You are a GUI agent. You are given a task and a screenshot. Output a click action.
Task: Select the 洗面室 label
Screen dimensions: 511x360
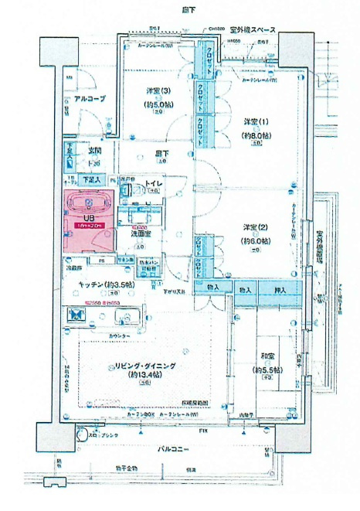[139, 232]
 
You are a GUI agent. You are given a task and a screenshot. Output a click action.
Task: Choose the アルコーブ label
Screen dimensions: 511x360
[80, 99]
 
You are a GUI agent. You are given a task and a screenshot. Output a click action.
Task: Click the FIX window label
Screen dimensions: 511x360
[202, 429]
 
